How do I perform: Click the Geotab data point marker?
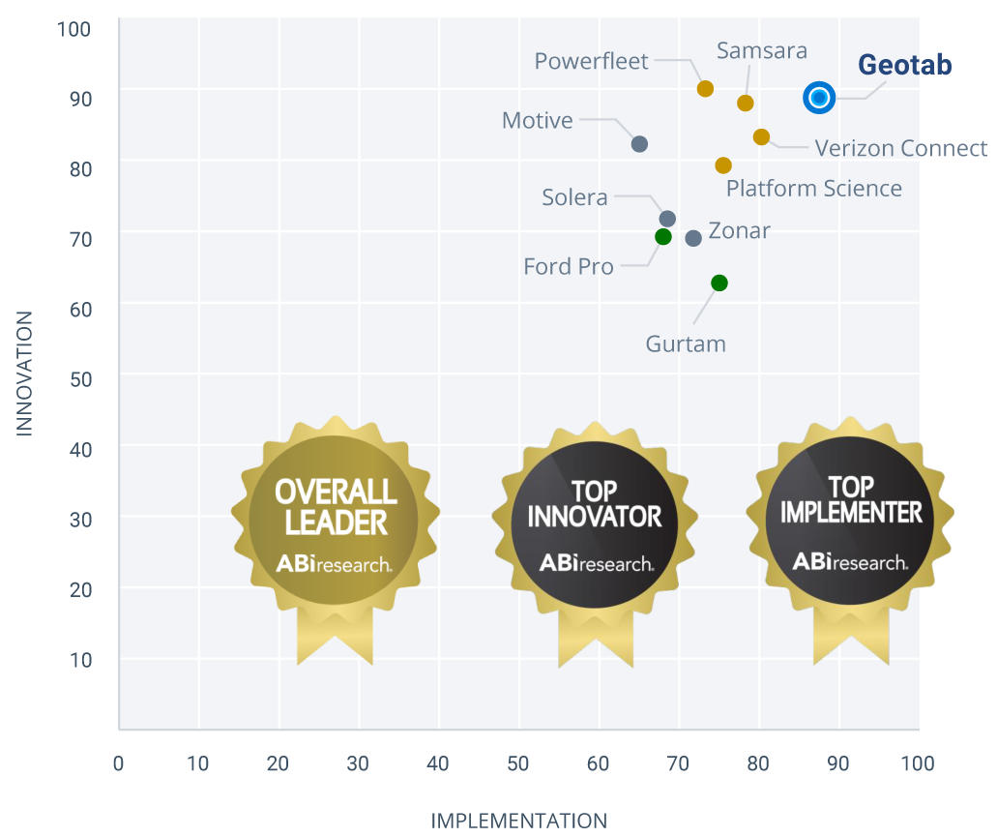(x=819, y=97)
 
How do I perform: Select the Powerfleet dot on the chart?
(x=705, y=89)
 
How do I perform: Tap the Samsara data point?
(x=745, y=104)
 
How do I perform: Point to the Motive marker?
(x=639, y=144)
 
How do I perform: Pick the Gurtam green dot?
(x=718, y=283)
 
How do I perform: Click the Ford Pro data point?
(x=662, y=237)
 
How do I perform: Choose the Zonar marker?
(x=693, y=238)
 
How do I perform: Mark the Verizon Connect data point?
(x=761, y=137)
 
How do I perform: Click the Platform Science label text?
(x=813, y=189)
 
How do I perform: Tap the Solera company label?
(x=574, y=198)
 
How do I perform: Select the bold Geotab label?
(x=905, y=66)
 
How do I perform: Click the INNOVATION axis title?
(x=24, y=374)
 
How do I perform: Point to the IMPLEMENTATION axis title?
(x=518, y=822)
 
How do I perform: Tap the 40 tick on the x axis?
(x=438, y=764)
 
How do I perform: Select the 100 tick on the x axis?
(x=917, y=764)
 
